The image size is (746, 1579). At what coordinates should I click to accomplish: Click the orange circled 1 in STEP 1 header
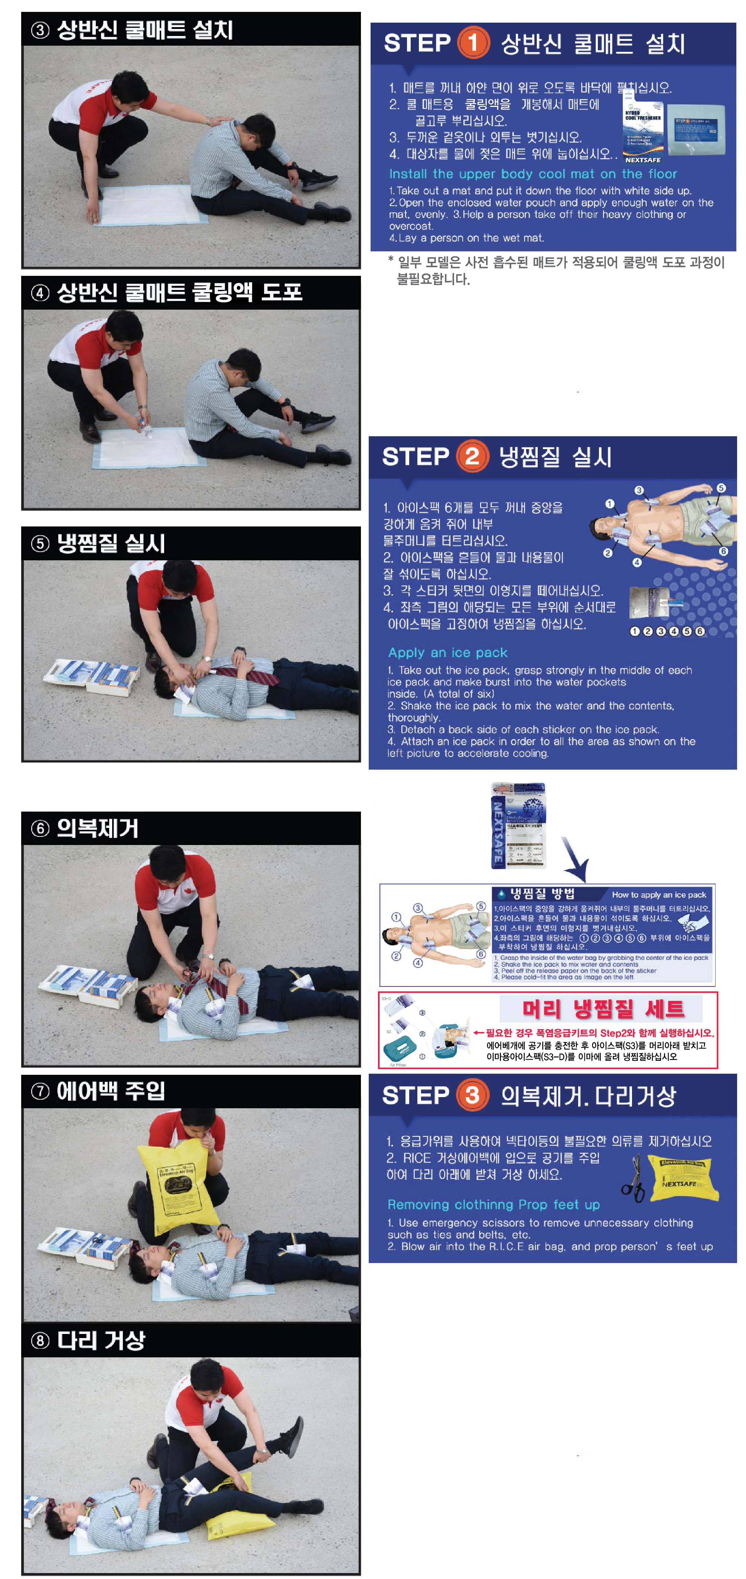click(x=473, y=43)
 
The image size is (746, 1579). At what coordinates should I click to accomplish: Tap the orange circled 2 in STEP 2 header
click(x=472, y=456)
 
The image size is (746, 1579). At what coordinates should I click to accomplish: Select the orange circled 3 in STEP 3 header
click(x=472, y=1095)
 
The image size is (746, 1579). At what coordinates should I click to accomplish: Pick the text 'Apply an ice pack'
click(x=447, y=652)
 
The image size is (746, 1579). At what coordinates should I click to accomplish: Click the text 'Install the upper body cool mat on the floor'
click(x=533, y=173)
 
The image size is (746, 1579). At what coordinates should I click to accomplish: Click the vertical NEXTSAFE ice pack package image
click(x=519, y=825)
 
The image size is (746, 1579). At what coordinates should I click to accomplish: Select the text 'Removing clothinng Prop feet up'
click(x=493, y=1204)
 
